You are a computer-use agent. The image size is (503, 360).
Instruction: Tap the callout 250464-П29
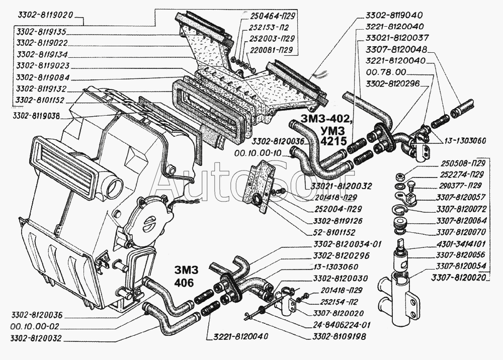click(272, 16)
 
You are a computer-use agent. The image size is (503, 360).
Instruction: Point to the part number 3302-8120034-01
click(348, 244)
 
